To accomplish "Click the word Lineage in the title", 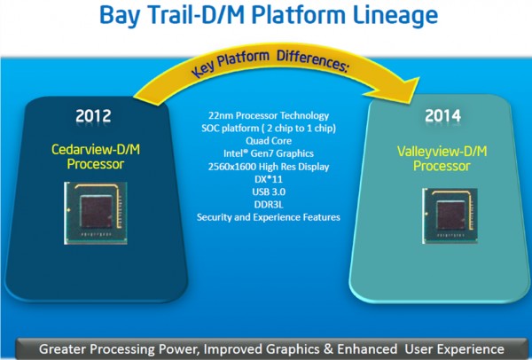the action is tap(395, 16).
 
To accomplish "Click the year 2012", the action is tap(93, 116).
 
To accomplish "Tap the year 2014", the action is tap(442, 116).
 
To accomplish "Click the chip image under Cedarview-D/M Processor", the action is tap(96, 213).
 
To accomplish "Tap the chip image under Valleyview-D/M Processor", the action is tap(450, 215).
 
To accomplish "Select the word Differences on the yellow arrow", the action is tap(312, 60).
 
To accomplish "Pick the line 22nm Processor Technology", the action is tap(269, 115).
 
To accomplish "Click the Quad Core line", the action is tap(269, 141).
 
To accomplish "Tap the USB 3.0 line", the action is tap(269, 192).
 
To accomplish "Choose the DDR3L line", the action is tap(269, 205).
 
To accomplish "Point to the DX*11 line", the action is tap(269, 179).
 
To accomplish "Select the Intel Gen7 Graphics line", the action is tap(269, 153).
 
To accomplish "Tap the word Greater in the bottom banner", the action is tap(63, 349).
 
